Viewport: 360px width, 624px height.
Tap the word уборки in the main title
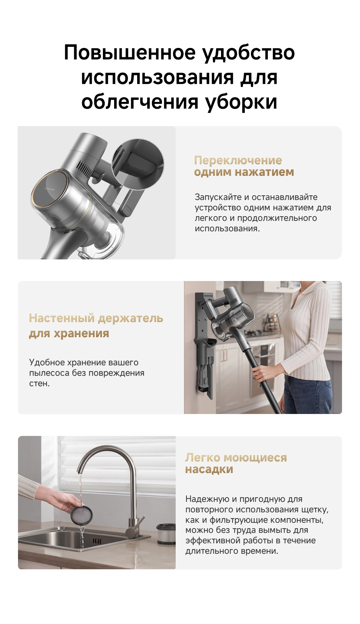pos(241,102)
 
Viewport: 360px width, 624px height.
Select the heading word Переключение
pos(238,160)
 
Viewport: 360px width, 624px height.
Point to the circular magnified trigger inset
pos(138,164)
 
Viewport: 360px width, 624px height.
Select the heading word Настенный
pos(62,318)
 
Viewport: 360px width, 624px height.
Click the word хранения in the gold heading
pos(81,334)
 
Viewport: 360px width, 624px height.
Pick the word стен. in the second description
pos(39,383)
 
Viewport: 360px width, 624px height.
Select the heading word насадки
pos(209,469)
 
